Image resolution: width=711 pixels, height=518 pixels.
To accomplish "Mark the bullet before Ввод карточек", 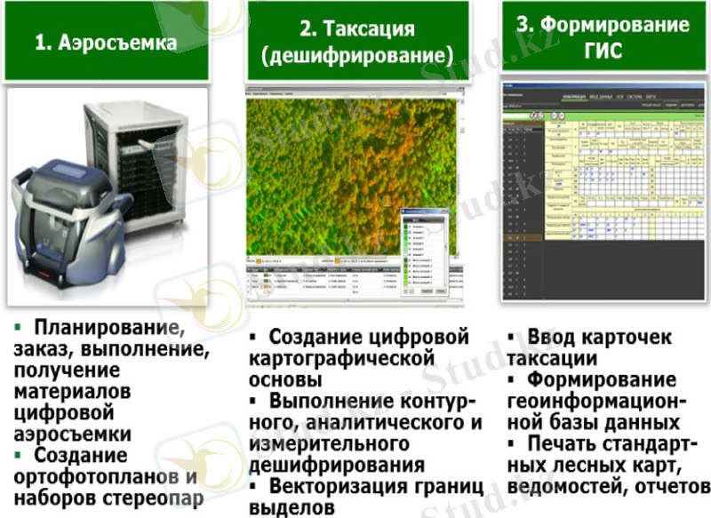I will click(x=513, y=339).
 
